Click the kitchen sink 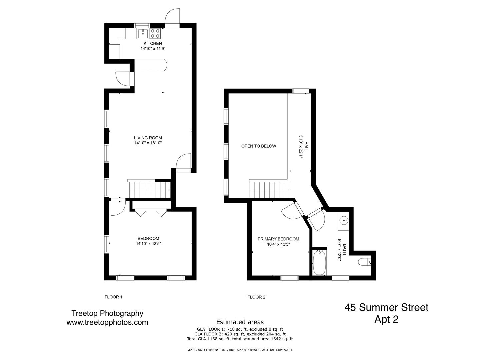(143, 34)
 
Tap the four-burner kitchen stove (155, 34)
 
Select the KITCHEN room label (153, 43)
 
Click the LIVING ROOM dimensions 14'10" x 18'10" (148, 143)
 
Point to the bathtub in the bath (319, 263)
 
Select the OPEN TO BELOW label (259, 146)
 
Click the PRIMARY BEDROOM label (278, 239)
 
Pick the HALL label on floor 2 (306, 146)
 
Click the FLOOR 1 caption (113, 297)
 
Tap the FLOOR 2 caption (256, 297)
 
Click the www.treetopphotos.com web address (107, 322)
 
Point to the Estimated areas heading (240, 322)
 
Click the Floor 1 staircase (150, 190)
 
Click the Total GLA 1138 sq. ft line (240, 339)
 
